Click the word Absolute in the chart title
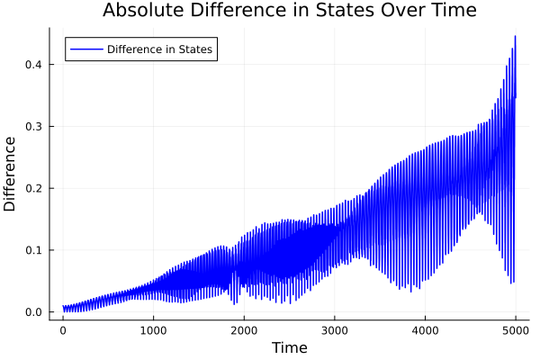pos(139,11)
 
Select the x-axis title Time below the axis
pos(289,347)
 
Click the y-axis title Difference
pos(11,174)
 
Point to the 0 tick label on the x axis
pos(63,330)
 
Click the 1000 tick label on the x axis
pos(153,330)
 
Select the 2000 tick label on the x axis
pos(244,330)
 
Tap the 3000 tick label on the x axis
pos(335,330)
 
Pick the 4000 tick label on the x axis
pos(425,330)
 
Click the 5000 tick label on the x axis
pos(516,330)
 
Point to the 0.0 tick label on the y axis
pos(33,312)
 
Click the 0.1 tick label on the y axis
pos(33,250)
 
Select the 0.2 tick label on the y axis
pos(33,188)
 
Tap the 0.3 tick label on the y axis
pos(33,126)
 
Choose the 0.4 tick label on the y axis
pos(33,64)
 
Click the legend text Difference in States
pos(159,49)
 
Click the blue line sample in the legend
pos(86,49)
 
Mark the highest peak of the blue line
pos(515,36)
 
